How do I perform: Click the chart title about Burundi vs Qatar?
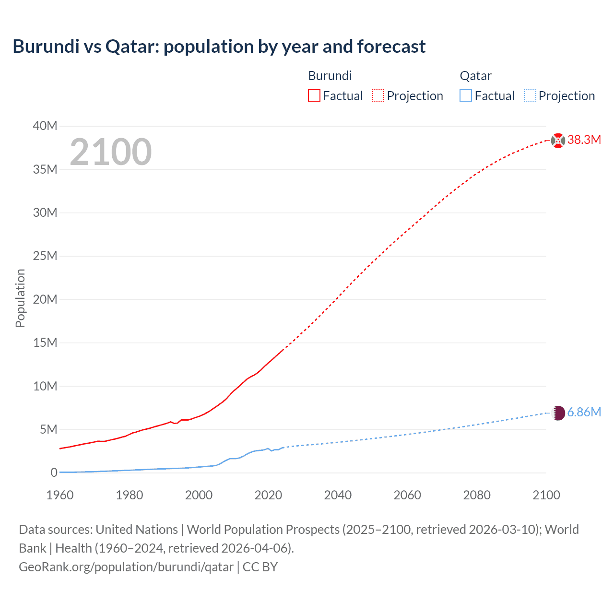219,47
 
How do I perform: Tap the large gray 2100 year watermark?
111,152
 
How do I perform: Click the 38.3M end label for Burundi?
584,140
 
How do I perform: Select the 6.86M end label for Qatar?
584,413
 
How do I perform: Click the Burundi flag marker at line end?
558,141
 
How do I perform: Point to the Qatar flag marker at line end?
558,413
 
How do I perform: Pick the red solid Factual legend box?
314,95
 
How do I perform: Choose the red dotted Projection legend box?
378,95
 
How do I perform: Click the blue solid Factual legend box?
465,95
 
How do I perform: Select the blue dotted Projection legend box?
530,95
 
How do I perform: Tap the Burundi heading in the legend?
330,76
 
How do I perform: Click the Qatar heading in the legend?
475,76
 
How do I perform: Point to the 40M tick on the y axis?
45,126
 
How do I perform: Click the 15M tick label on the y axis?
45,342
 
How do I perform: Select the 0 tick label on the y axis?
54,472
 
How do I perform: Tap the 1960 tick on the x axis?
60,495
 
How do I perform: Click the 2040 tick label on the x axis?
338,495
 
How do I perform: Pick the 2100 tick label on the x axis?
546,495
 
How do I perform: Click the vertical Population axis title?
20,298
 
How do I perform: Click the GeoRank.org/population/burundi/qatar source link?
126,567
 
